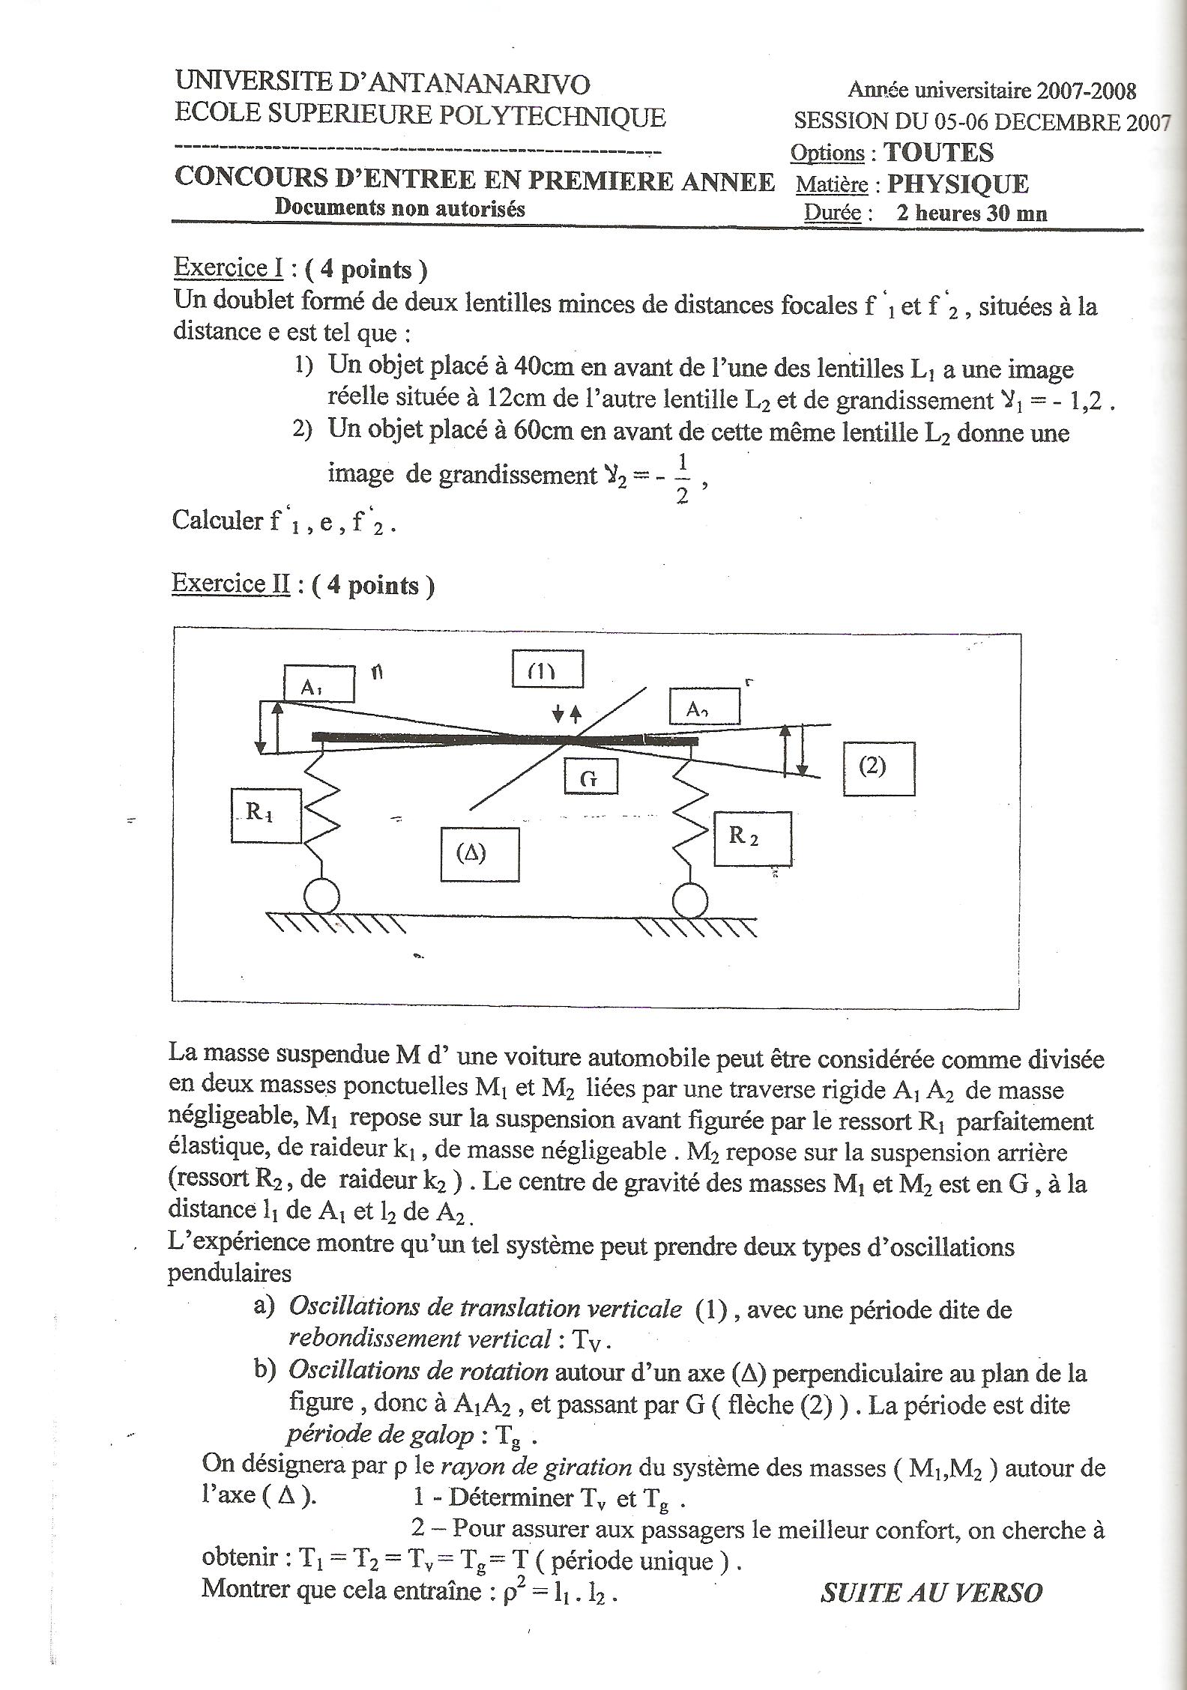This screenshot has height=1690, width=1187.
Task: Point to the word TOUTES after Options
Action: (x=938, y=152)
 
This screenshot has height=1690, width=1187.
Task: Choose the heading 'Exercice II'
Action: (x=231, y=584)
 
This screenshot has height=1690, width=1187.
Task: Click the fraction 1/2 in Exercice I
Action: (x=682, y=477)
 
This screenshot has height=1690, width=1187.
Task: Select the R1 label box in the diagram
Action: (x=265, y=815)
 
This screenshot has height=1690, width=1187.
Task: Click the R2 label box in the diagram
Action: (x=752, y=838)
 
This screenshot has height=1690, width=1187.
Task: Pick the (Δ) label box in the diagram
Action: (x=480, y=853)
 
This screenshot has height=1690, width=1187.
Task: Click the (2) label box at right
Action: (x=878, y=768)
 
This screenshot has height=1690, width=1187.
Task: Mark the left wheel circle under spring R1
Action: (x=321, y=897)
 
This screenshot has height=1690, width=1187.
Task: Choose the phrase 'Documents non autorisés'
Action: (x=399, y=208)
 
